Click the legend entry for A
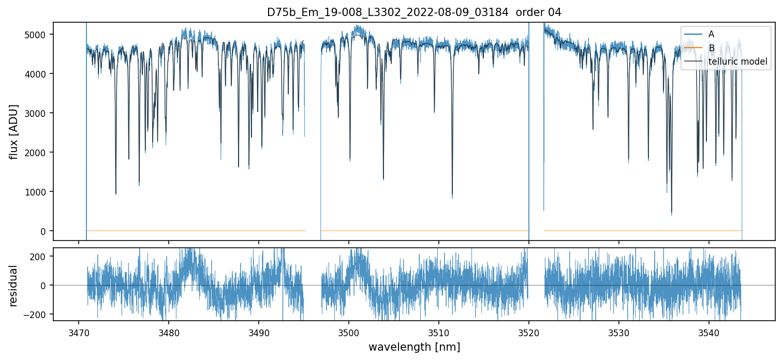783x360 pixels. pyautogui.click(x=711, y=34)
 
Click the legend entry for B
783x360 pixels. pyautogui.click(x=711, y=48)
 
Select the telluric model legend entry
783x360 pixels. pyautogui.click(x=737, y=62)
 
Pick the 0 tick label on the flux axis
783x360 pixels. pyautogui.click(x=44, y=231)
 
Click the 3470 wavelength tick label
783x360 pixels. pyautogui.click(x=79, y=331)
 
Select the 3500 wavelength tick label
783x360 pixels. pyautogui.click(x=349, y=331)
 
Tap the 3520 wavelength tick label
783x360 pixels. pyautogui.click(x=529, y=331)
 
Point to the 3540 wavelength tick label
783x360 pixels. pyautogui.click(x=709, y=331)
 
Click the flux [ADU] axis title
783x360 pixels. pyautogui.click(x=14, y=131)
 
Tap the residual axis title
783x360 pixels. pyautogui.click(x=14, y=286)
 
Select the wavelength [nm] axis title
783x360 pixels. pyautogui.click(x=414, y=347)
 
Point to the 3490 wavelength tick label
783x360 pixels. pyautogui.click(x=259, y=331)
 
